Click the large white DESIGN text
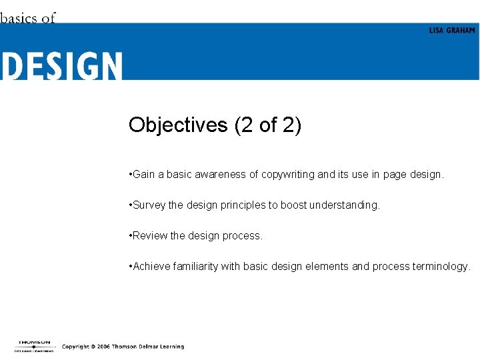tap(61, 67)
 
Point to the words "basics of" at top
tap(28, 18)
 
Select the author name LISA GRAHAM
tap(452, 31)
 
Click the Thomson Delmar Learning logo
tap(33, 346)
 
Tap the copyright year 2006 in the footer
tap(101, 347)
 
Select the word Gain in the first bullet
tap(143, 175)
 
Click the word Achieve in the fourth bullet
tap(151, 267)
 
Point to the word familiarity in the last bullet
tap(195, 267)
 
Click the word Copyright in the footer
tap(75, 347)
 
